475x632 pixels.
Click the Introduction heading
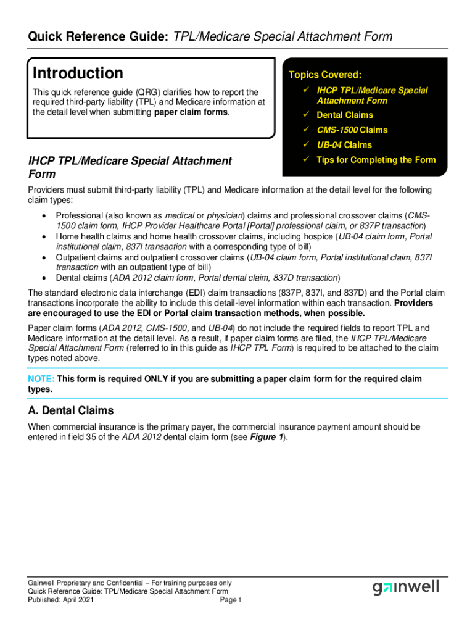(78, 73)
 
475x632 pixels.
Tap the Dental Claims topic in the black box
(344, 115)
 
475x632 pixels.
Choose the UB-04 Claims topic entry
(344, 145)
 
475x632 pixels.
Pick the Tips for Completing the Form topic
(376, 160)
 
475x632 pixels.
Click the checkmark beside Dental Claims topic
(305, 115)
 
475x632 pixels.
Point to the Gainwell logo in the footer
(405, 587)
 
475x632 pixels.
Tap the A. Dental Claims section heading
(70, 410)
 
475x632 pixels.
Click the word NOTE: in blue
(41, 379)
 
